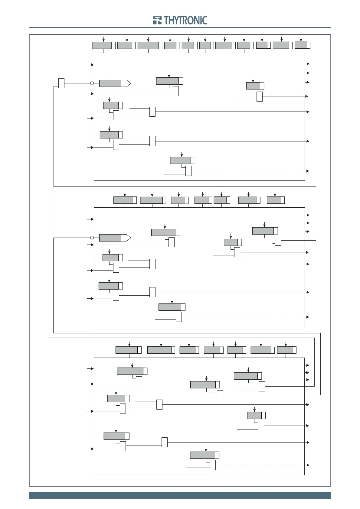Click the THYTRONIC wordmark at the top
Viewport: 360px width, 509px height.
[x=185, y=20]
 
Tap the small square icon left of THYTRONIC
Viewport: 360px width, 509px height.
[x=157, y=20]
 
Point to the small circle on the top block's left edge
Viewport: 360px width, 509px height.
[x=92, y=83]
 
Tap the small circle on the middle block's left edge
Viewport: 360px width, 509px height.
[x=92, y=238]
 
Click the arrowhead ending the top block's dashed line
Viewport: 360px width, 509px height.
[x=308, y=171]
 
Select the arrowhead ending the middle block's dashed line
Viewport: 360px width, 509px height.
[x=308, y=317]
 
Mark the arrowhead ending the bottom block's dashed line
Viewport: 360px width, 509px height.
[x=308, y=465]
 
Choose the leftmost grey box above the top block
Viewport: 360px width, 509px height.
[x=102, y=45]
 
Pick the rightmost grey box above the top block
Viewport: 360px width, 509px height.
[x=301, y=45]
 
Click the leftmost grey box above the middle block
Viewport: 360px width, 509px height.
[x=123, y=200]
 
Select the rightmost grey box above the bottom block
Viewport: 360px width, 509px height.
[x=285, y=350]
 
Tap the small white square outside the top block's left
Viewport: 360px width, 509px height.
[x=61, y=83]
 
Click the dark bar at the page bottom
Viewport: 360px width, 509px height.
[x=180, y=495]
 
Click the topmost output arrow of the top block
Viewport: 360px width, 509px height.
[x=308, y=64]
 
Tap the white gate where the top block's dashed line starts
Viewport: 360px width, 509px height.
[x=188, y=171]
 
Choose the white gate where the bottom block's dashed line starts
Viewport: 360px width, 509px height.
[x=213, y=465]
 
